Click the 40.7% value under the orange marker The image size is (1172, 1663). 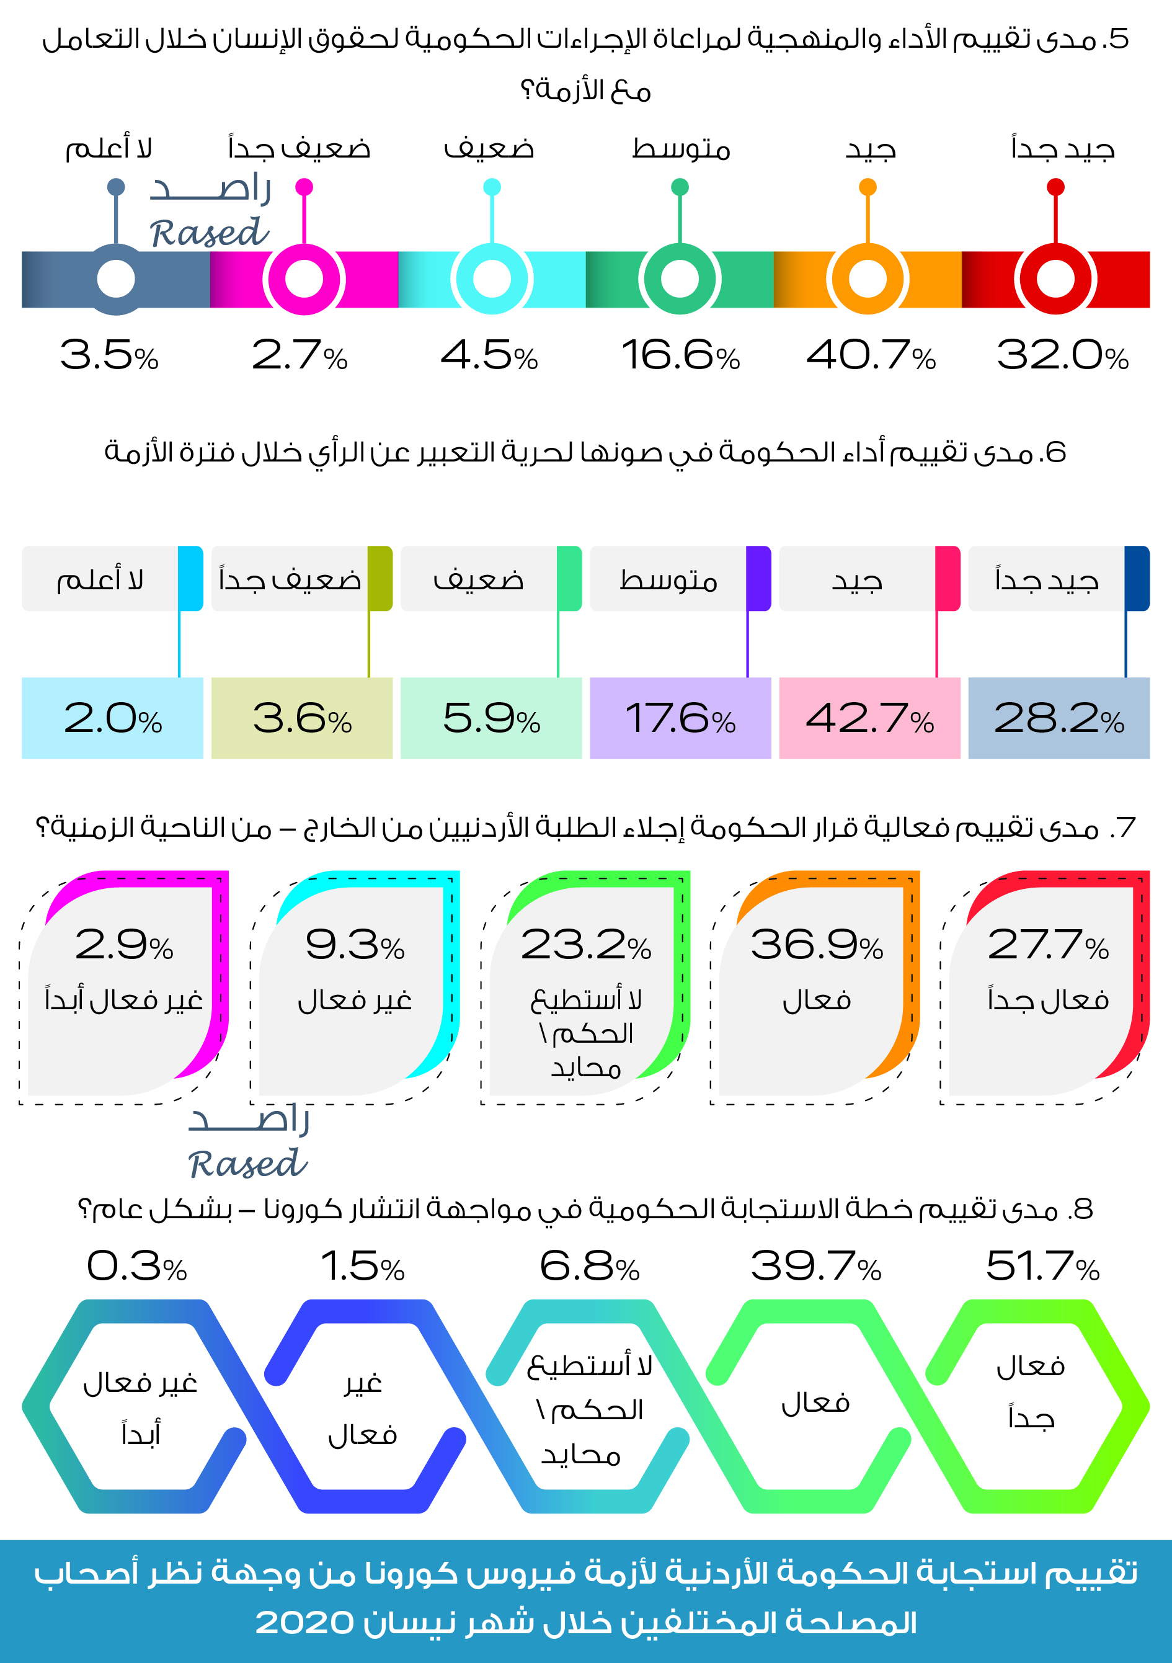point(870,355)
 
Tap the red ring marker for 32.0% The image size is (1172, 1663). point(1055,280)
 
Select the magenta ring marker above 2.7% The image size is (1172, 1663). point(304,280)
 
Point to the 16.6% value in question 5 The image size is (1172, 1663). point(680,355)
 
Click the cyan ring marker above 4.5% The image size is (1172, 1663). point(492,280)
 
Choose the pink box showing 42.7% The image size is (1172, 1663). point(869,718)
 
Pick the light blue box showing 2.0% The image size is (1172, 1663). point(112,718)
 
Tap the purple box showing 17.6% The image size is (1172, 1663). point(680,718)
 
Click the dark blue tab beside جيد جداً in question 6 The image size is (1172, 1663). point(1137,578)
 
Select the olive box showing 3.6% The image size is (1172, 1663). point(302,718)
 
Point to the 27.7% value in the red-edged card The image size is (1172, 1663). point(1047,945)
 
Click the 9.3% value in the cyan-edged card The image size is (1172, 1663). point(355,945)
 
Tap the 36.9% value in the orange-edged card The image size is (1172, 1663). point(817,945)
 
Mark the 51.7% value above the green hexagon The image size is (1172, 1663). point(1042,1267)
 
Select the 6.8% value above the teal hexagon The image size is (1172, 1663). point(589,1267)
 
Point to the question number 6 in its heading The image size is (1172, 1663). point(1056,453)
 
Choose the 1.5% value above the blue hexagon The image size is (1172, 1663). point(362,1267)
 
